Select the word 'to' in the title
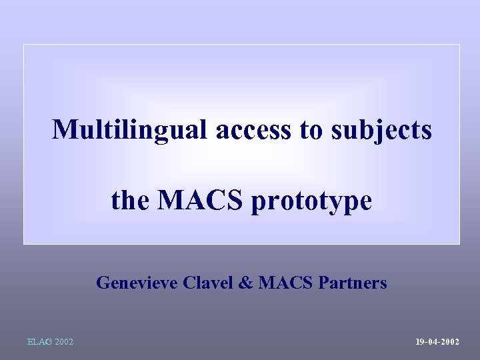pyautogui.click(x=311, y=131)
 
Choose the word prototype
pyautogui.click(x=311, y=201)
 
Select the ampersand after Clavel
pyautogui.click(x=245, y=283)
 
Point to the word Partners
pyautogui.click(x=353, y=283)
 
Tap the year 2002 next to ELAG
pyautogui.click(x=65, y=342)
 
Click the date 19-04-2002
pyautogui.click(x=437, y=342)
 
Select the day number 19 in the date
pyautogui.click(x=420, y=342)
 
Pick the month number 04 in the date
pyautogui.click(x=433, y=342)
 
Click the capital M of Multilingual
pyautogui.click(x=63, y=129)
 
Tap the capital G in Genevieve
pyautogui.click(x=103, y=283)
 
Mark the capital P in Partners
pyautogui.click(x=323, y=283)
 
